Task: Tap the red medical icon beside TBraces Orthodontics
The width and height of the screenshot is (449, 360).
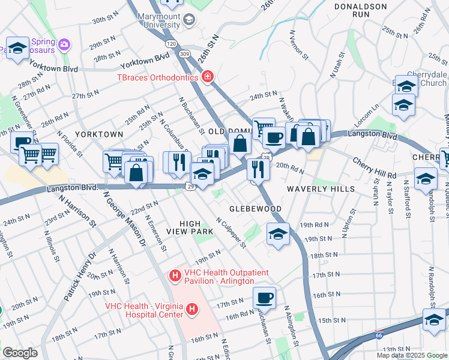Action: (208, 77)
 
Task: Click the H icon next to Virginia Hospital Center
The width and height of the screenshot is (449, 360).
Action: (192, 310)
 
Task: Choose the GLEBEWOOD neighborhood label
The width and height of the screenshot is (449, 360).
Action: (255, 208)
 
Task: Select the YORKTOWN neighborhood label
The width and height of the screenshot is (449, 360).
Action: (99, 134)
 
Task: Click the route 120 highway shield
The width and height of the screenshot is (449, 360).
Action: (171, 44)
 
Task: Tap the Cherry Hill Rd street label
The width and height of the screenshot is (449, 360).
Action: (375, 169)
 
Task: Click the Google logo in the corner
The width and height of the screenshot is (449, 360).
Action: (20, 353)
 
